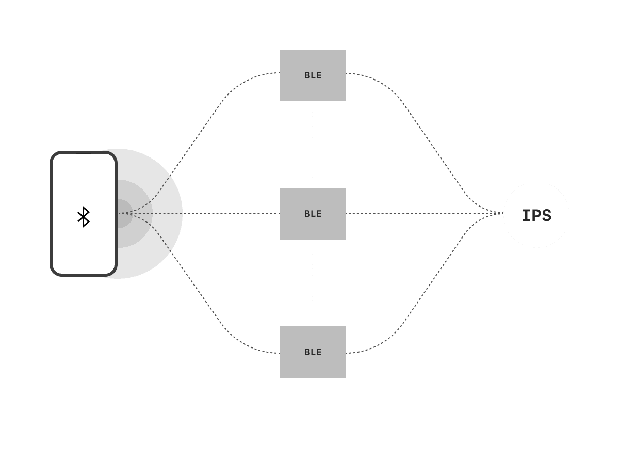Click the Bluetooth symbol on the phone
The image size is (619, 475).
[x=84, y=217]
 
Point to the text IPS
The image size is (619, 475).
[x=536, y=216]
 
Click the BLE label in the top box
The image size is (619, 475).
[x=313, y=75]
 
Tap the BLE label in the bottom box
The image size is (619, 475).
[x=313, y=352]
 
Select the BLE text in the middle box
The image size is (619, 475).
[x=313, y=214]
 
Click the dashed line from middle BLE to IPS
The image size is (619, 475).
[x=423, y=213]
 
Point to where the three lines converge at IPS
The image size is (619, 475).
[x=502, y=213]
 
